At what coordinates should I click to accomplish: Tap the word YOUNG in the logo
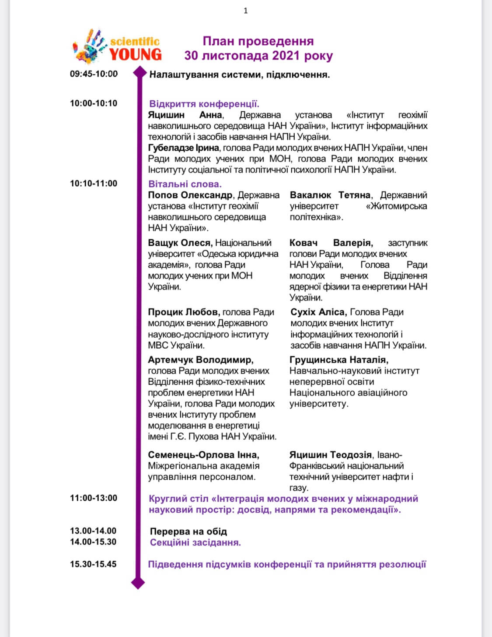tap(136, 54)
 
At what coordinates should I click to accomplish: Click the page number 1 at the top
tap(246, 11)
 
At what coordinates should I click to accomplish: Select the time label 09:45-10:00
tap(94, 74)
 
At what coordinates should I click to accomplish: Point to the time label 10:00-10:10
tap(94, 103)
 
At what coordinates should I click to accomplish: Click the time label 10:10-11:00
tap(94, 184)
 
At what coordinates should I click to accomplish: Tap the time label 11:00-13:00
tap(94, 498)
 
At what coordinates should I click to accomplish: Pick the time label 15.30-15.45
tap(93, 564)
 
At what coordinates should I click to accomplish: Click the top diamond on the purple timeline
tap(139, 73)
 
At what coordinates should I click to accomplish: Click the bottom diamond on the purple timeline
tap(138, 583)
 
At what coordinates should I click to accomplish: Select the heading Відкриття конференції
tap(204, 104)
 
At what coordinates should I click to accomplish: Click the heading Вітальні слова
tap(185, 184)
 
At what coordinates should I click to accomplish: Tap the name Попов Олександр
tap(190, 195)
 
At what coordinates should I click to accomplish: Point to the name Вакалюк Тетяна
tap(330, 195)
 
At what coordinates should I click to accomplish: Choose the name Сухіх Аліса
tap(318, 312)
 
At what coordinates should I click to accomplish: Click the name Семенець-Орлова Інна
tap(203, 455)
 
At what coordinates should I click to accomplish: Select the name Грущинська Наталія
tap(339, 360)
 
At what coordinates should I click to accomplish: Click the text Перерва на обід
tap(188, 531)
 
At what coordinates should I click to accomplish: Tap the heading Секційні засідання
tap(195, 542)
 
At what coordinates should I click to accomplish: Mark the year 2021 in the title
tap(286, 56)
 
